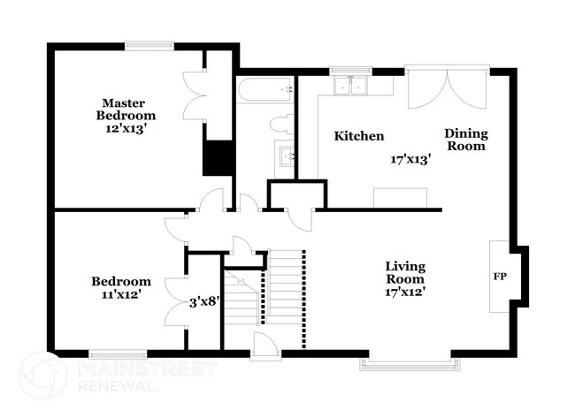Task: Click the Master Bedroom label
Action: click(x=126, y=110)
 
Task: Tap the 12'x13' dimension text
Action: click(x=126, y=129)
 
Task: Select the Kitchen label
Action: click(x=359, y=136)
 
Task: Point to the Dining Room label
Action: click(x=466, y=140)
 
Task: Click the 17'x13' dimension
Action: click(x=410, y=160)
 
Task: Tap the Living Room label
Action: click(x=405, y=272)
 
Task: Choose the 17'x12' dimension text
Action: click(x=405, y=292)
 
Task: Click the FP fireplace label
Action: click(x=500, y=277)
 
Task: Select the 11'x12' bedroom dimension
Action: click(x=121, y=294)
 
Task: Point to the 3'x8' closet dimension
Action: click(x=204, y=302)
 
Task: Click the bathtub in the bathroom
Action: click(x=264, y=89)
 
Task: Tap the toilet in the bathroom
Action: click(x=281, y=124)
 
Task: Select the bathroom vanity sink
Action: click(x=287, y=156)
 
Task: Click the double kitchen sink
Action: click(x=350, y=87)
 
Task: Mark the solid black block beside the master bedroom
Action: click(x=218, y=158)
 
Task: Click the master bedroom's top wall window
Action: click(x=149, y=45)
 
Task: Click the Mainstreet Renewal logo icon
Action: click(x=43, y=376)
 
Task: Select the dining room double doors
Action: click(x=447, y=87)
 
